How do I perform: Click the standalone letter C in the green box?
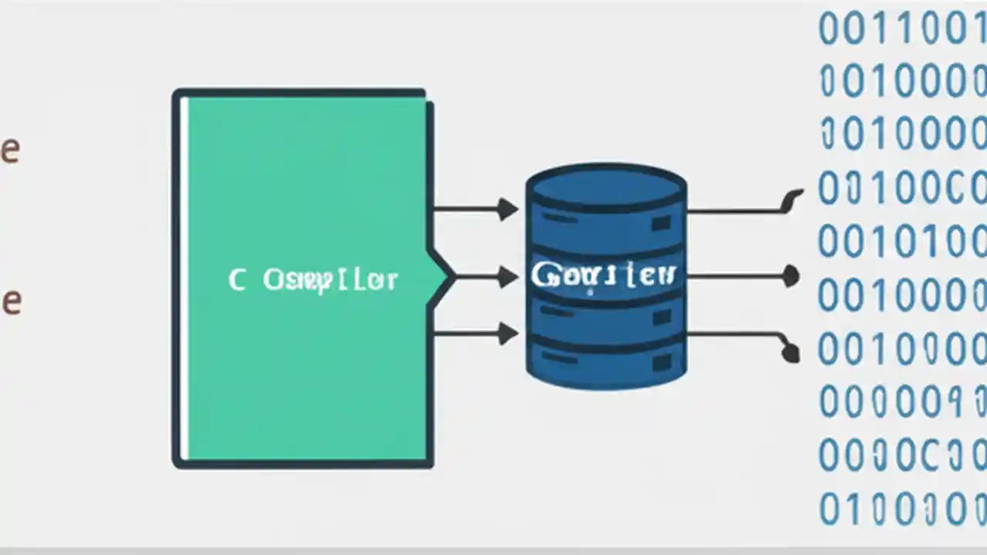[237, 280]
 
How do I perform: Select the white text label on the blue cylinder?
[603, 274]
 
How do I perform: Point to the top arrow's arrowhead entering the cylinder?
[507, 209]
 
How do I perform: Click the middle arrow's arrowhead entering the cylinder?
[507, 276]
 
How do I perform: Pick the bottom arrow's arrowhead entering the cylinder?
[507, 334]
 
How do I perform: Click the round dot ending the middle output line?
[790, 275]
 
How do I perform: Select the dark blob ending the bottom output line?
[790, 353]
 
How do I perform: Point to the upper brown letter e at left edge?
[9, 151]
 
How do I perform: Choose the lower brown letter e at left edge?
[9, 301]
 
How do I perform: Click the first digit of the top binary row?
[829, 29]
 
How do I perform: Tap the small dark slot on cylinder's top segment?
[661, 224]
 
